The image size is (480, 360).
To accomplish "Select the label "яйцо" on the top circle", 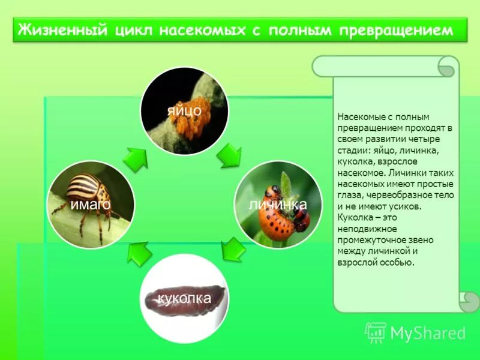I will click(184, 110).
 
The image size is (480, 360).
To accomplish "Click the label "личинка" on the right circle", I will click(278, 205).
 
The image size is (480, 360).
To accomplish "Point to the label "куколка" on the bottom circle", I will click(184, 298).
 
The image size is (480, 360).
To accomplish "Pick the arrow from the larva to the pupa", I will click(233, 248).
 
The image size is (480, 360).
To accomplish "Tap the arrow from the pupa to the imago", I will click(140, 253).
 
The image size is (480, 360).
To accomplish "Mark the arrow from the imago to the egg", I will click(136, 158).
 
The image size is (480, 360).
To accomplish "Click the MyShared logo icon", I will click(375, 332).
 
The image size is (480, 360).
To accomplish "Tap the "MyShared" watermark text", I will click(428, 333).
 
